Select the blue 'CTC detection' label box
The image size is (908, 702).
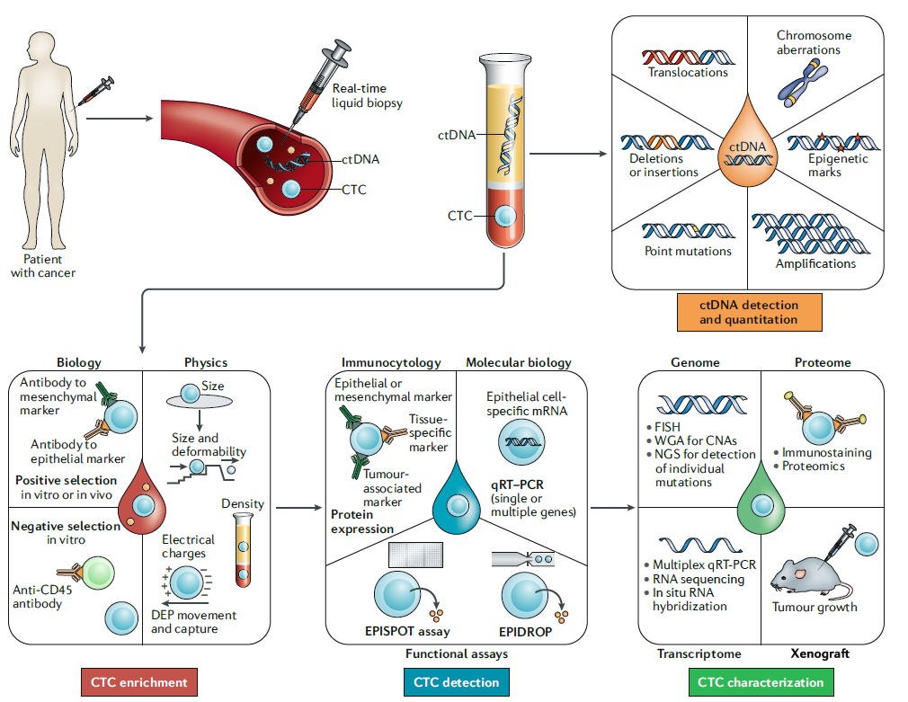[456, 682]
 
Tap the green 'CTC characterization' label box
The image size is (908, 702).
[761, 682]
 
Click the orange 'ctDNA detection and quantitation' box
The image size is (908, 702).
[748, 312]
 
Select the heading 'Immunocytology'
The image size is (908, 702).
[391, 363]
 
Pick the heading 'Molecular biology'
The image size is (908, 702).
[518, 363]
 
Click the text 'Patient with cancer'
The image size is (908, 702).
[43, 266]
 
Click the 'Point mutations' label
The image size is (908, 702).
[688, 251]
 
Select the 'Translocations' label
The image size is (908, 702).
[688, 72]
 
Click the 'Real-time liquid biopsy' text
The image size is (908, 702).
[367, 95]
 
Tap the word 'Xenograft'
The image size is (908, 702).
[820, 653]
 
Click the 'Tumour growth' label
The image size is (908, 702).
[815, 607]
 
